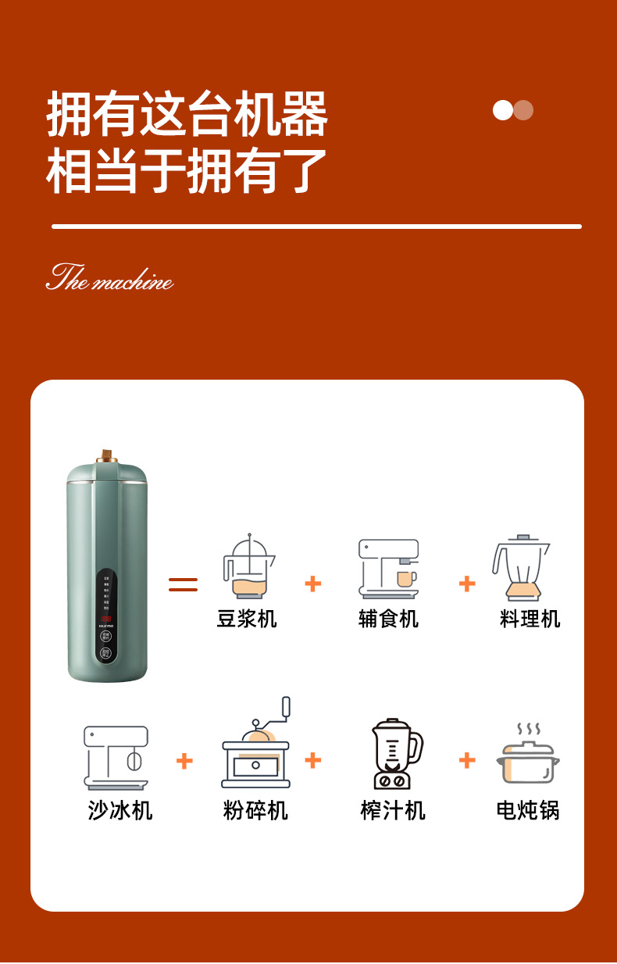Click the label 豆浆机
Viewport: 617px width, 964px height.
coord(247,619)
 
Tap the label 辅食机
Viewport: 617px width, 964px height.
coord(388,619)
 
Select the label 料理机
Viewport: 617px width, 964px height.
coord(530,619)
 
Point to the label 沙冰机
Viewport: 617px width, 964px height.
coord(119,810)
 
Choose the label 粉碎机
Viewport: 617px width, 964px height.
coord(255,810)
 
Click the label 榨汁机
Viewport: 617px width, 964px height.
coord(393,810)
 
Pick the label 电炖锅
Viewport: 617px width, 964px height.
coord(528,810)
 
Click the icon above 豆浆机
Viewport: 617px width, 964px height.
coord(248,567)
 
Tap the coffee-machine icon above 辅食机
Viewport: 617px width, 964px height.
coord(389,569)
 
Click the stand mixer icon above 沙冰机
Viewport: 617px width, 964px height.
coord(116,757)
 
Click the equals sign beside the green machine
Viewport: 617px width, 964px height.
coord(184,584)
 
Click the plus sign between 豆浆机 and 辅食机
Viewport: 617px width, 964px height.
coord(313,584)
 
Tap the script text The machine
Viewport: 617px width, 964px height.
coord(109,278)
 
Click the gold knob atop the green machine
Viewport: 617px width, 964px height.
coord(107,455)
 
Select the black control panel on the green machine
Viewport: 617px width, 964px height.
coord(106,617)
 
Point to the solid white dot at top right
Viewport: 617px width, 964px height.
coord(503,110)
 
